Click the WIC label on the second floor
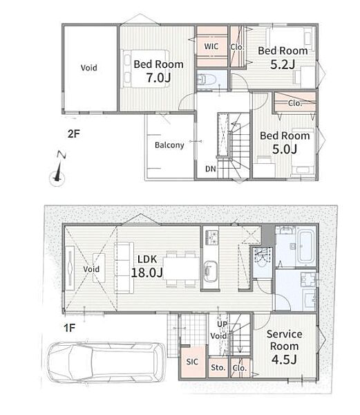point(211,46)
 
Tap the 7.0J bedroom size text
point(159,77)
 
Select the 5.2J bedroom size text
point(283,64)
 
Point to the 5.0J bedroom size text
point(285,149)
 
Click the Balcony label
point(169,145)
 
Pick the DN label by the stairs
point(211,169)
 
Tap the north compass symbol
point(58,169)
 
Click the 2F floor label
point(74,134)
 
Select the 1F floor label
point(70,328)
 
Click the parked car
point(106,362)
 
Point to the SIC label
point(192,362)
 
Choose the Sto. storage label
point(218,367)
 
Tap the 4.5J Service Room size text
point(284,360)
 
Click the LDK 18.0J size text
point(147,273)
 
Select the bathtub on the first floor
point(306,247)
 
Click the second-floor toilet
point(207,79)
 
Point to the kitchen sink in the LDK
point(210,270)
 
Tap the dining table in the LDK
point(181,268)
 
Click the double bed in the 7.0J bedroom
point(145,68)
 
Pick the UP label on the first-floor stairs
point(222,324)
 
